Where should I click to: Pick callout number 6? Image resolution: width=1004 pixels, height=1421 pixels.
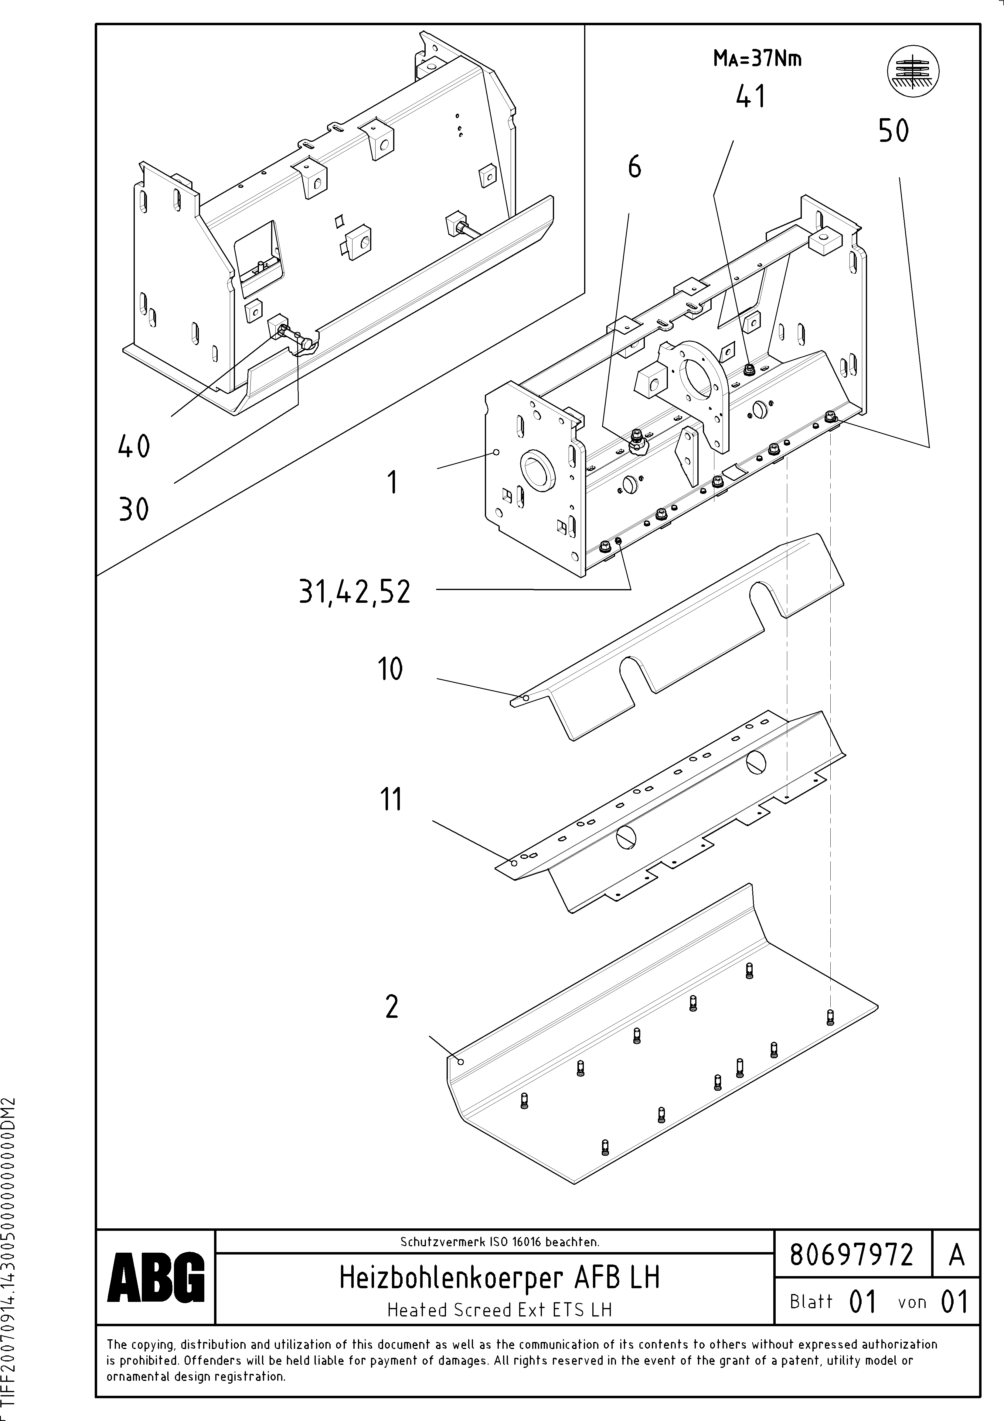(635, 167)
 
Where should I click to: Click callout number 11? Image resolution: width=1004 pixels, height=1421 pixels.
(390, 799)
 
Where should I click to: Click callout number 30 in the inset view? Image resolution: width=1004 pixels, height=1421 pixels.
(134, 510)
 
